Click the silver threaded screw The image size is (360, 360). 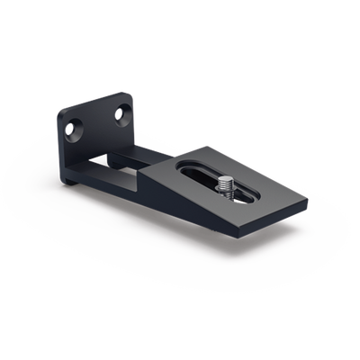click(226, 190)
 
